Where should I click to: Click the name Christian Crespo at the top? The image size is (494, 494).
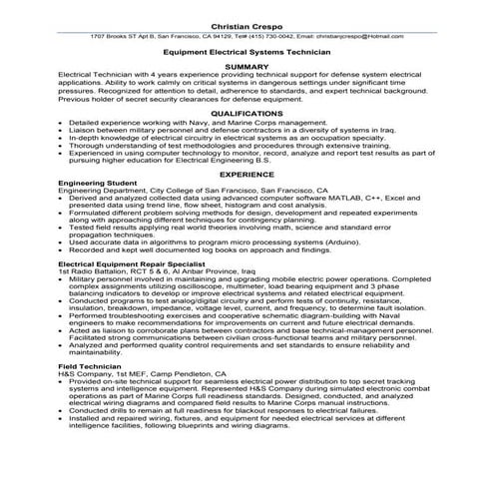pyautogui.click(x=247, y=22)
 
